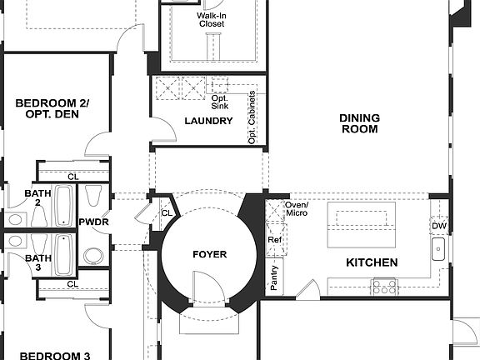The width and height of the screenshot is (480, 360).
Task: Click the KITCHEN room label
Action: point(372,262)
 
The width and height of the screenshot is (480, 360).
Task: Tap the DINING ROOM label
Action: point(359,123)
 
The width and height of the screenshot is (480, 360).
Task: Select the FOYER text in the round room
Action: point(209,254)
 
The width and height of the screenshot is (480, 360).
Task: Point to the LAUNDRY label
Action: point(208,121)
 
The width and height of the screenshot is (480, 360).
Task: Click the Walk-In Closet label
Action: point(212,19)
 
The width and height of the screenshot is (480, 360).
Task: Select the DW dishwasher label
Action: point(438,226)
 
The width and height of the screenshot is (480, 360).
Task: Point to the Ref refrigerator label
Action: point(274,240)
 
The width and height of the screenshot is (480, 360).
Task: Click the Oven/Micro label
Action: point(297,209)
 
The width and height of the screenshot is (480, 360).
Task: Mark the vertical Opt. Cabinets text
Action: point(252,117)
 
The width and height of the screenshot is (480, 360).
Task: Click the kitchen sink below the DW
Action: point(438,247)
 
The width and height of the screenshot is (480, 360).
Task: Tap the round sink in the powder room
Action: point(93,254)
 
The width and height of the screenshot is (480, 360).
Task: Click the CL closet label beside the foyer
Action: point(166,213)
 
